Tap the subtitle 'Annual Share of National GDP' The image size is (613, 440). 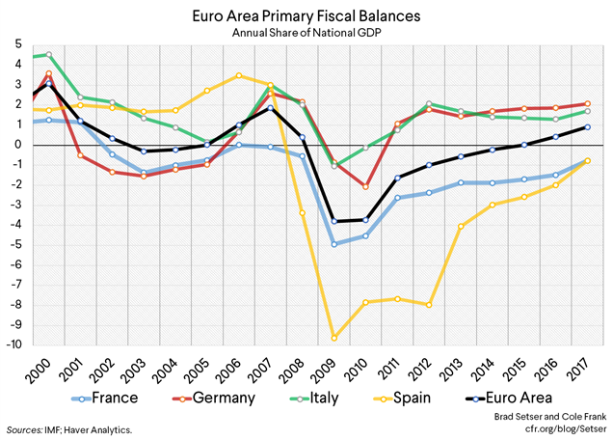(306, 33)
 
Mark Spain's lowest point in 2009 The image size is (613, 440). (334, 338)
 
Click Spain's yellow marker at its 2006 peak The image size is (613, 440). (238, 75)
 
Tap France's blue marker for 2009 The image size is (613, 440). (334, 244)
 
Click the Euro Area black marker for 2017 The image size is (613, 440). (587, 127)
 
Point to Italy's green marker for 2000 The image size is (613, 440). (48, 55)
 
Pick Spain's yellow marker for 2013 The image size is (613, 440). (461, 227)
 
